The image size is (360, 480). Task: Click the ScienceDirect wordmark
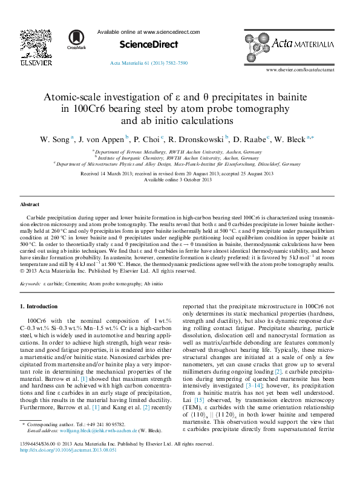click(149, 45)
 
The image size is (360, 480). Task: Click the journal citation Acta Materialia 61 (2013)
click(149, 61)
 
